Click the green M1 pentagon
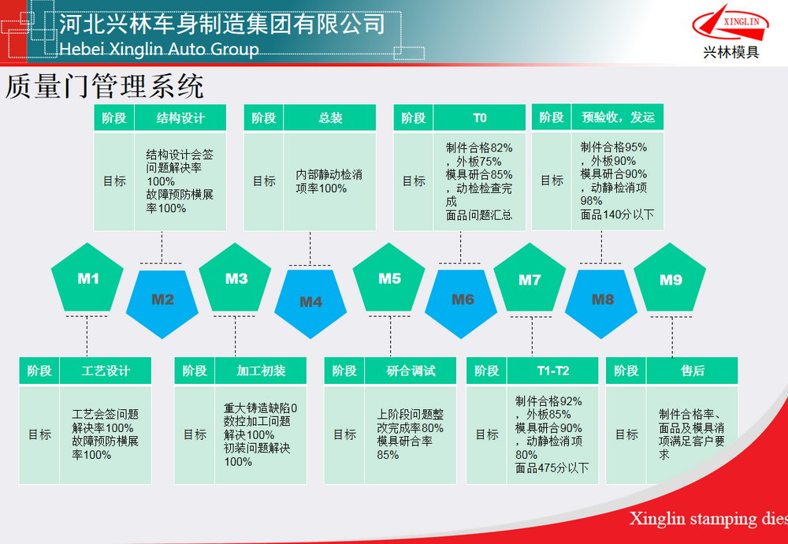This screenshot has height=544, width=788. [x=87, y=278]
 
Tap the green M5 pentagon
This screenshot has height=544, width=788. [x=389, y=278]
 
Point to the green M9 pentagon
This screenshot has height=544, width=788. [x=670, y=278]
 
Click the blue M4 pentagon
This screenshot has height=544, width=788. [x=310, y=304]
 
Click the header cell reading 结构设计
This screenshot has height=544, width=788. [x=180, y=117]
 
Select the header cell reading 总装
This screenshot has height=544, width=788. [x=329, y=117]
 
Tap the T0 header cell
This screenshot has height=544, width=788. [x=479, y=117]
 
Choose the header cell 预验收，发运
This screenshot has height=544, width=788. [x=618, y=117]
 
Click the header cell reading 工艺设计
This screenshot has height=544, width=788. [x=106, y=371]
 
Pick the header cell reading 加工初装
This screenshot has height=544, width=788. [x=261, y=371]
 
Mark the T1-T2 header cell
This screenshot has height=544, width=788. [x=553, y=371]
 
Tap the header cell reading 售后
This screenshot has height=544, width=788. [x=692, y=371]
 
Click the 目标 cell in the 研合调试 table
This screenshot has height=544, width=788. [x=344, y=434]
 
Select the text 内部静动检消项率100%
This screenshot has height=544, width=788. [x=329, y=181]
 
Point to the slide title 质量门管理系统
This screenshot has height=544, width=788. [x=105, y=87]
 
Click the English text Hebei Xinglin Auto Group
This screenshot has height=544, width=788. [x=159, y=49]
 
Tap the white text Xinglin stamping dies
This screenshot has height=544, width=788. [x=708, y=518]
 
